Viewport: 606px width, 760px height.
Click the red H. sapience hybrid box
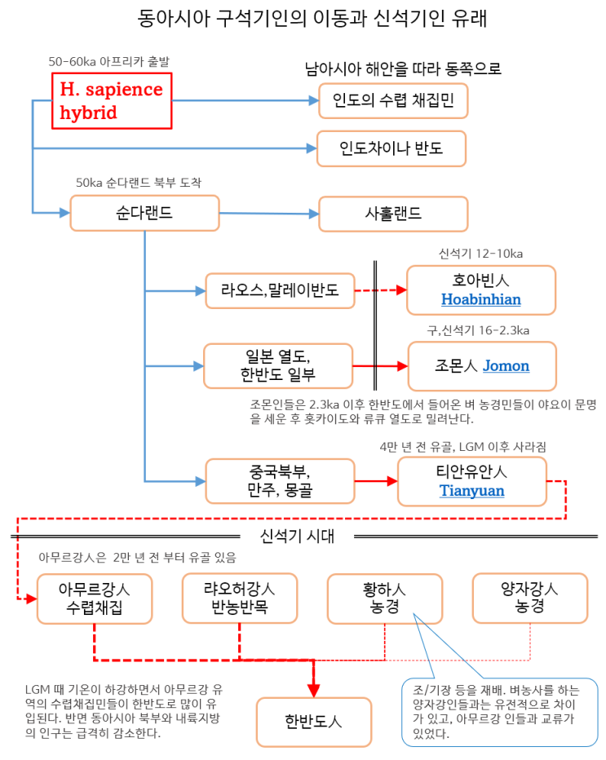point(112,101)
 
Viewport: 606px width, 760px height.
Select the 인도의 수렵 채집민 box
point(392,101)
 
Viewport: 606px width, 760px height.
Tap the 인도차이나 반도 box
point(391,148)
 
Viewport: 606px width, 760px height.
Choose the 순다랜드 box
point(144,213)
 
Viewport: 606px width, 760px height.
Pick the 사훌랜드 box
point(392,214)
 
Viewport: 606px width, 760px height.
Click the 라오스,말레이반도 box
point(279,289)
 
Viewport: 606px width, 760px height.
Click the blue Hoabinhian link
point(480,300)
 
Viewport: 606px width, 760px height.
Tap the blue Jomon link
point(506,366)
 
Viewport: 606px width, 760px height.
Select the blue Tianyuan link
point(471,491)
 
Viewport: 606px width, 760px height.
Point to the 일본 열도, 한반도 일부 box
point(277,365)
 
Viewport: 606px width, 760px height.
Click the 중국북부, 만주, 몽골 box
point(279,480)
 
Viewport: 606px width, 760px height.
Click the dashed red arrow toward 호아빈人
point(380,289)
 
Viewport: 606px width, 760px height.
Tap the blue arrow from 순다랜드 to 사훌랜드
point(269,214)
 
